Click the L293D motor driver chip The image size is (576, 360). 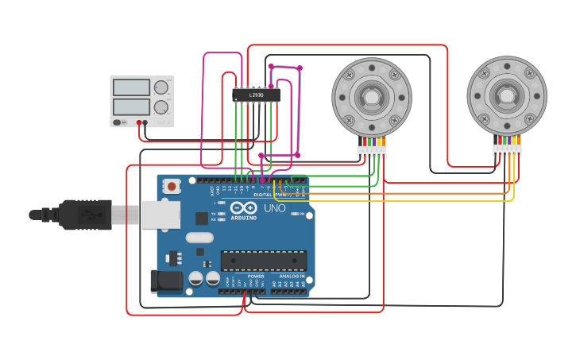pos(256,95)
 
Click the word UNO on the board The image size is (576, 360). pos(274,207)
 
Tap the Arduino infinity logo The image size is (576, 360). pos(243,208)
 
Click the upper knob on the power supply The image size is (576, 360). pos(161,87)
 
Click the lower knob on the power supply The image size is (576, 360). pos(161,106)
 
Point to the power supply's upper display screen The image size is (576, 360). pos(131,87)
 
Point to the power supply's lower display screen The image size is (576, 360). pos(131,106)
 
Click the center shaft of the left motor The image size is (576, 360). pos(371,97)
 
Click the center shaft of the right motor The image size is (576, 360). pos(506,95)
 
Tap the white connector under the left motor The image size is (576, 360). pos(371,151)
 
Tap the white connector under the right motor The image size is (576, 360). pos(506,149)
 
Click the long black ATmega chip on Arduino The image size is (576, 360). pos(264,260)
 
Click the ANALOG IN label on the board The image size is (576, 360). pos(291,277)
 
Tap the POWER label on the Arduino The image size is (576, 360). pos(256,277)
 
